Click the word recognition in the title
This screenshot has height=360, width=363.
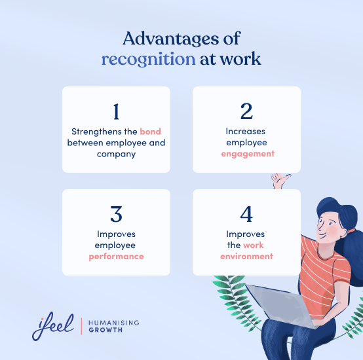[x=148, y=59]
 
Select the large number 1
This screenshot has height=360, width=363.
[x=116, y=112]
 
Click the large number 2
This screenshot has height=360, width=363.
[x=246, y=112]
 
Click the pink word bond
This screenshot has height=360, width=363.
[x=150, y=132]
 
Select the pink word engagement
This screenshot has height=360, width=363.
[x=246, y=153]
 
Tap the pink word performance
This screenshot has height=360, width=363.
[x=116, y=256]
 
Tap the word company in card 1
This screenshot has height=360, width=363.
[x=116, y=153]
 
